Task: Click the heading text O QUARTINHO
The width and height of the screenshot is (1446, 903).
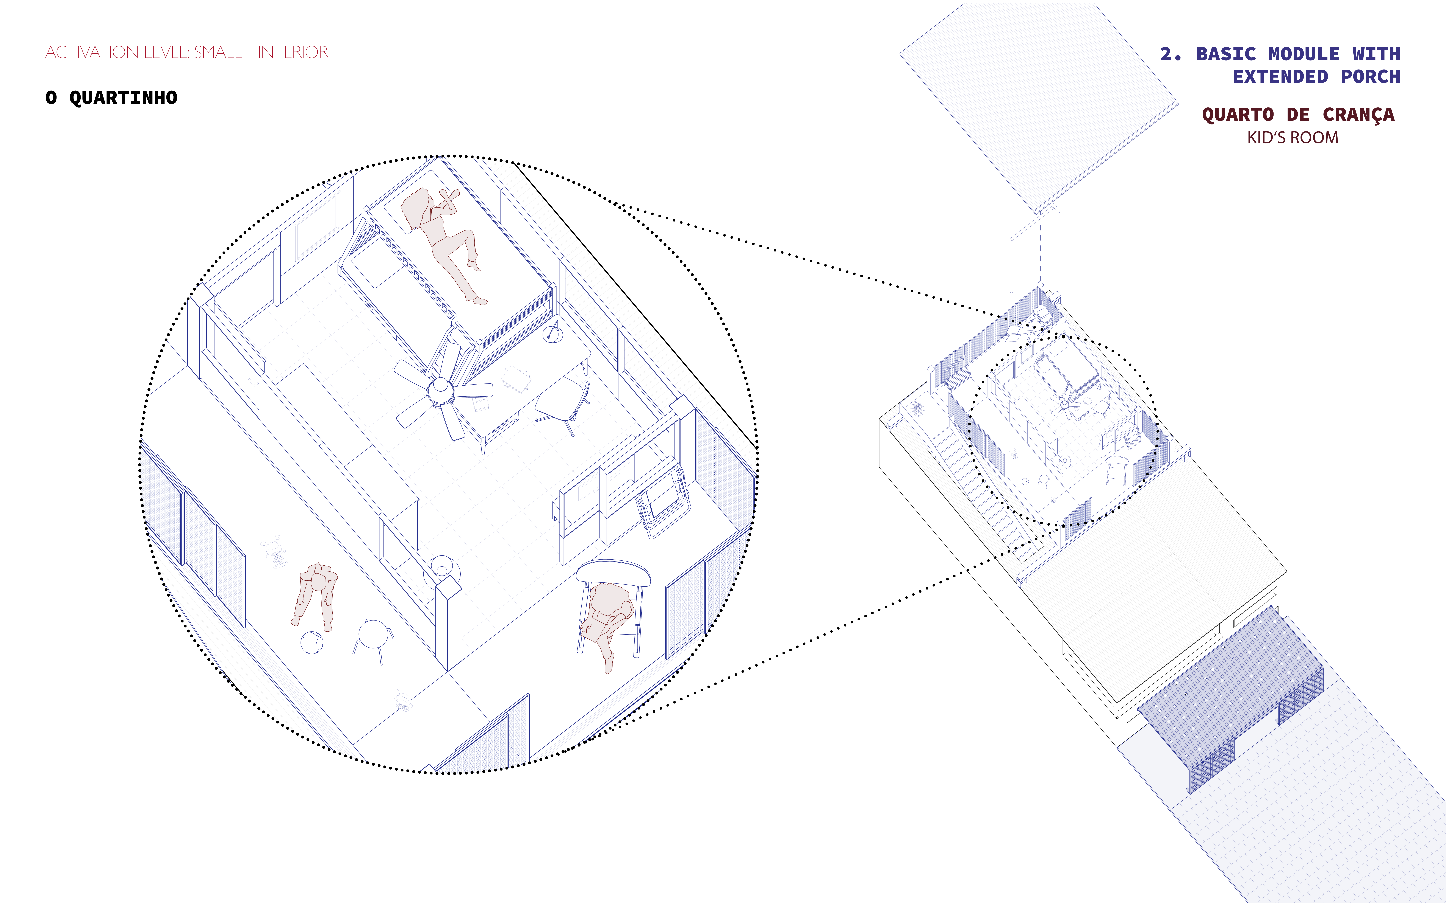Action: [111, 97]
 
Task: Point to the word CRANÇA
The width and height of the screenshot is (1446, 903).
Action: [1358, 115]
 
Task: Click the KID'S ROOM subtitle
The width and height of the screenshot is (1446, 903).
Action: [1292, 138]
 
